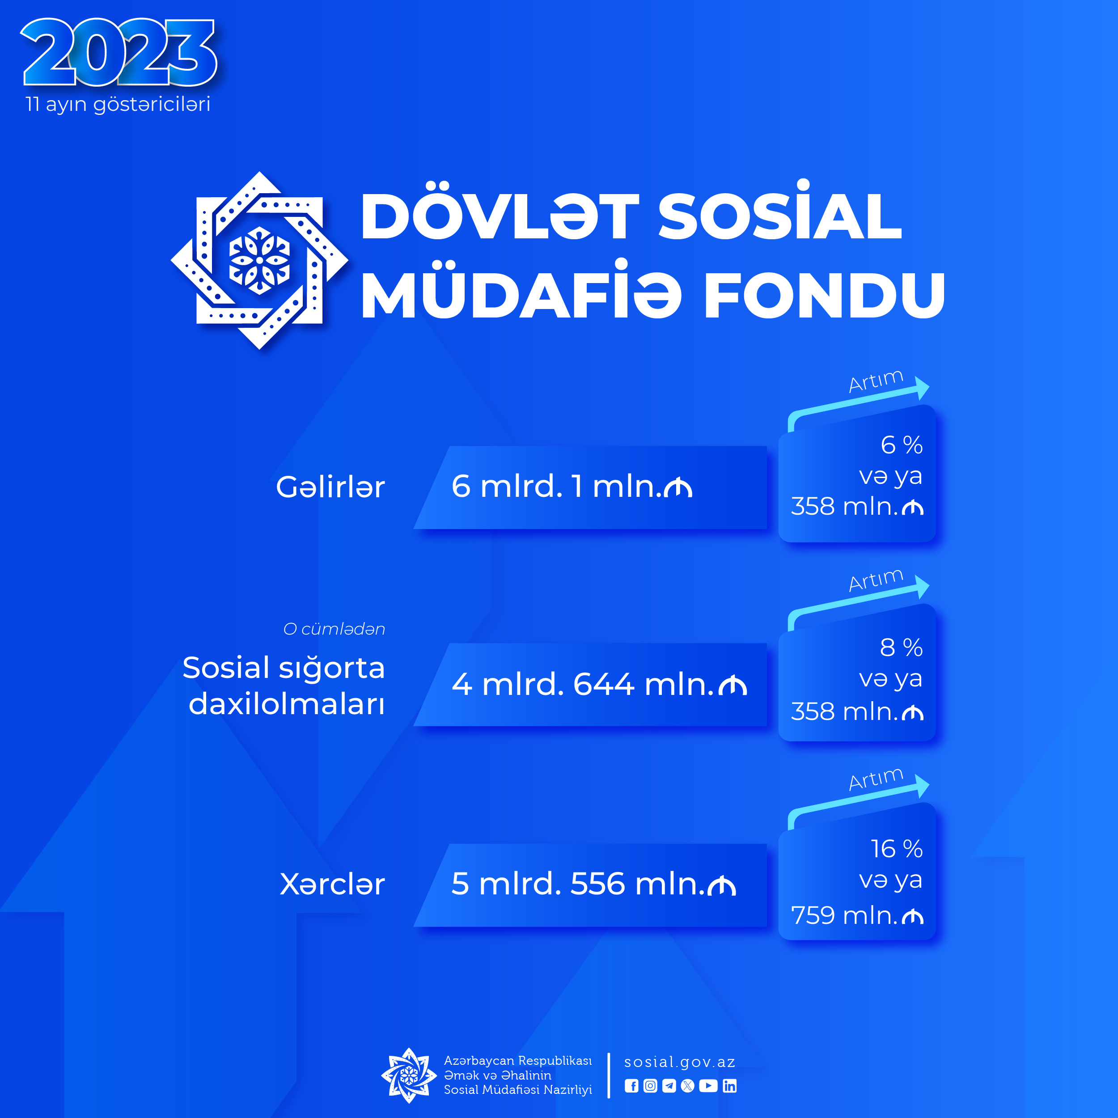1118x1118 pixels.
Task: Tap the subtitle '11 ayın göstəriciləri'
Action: [x=118, y=105]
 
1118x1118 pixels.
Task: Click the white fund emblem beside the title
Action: [x=259, y=260]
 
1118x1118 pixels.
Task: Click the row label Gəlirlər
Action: [x=330, y=487]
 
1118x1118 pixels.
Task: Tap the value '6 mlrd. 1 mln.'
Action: [x=572, y=486]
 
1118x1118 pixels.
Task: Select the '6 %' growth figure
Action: [x=902, y=445]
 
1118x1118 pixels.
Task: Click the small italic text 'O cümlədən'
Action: [x=335, y=629]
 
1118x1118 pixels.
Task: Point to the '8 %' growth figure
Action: [x=902, y=647]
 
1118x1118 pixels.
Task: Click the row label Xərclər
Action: [x=332, y=884]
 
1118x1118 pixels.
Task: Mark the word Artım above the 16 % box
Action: [x=876, y=779]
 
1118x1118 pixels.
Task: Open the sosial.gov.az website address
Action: [x=680, y=1062]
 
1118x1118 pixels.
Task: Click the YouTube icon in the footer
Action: [x=708, y=1086]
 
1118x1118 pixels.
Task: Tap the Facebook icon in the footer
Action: [x=631, y=1086]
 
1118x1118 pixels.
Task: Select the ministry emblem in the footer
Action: [x=409, y=1075]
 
